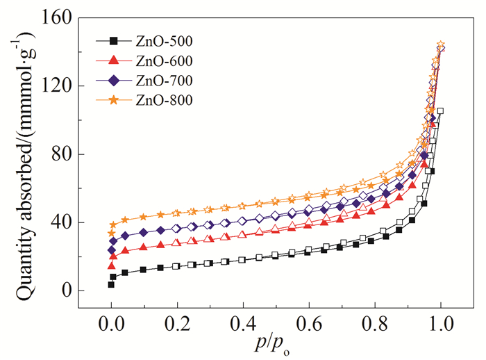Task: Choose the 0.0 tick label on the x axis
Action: [x=111, y=325]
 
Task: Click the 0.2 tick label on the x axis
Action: [x=177, y=325]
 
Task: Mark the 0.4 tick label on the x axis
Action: [x=243, y=325]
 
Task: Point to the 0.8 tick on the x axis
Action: [x=375, y=325]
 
